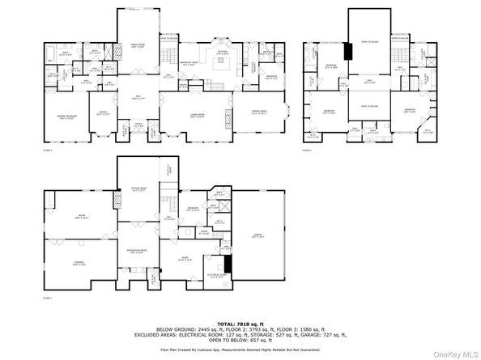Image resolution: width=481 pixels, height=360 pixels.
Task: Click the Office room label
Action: (x=104, y=112)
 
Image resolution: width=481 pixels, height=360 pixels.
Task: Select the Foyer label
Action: (x=138, y=124)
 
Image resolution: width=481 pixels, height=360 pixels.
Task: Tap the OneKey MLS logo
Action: (x=453, y=352)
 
